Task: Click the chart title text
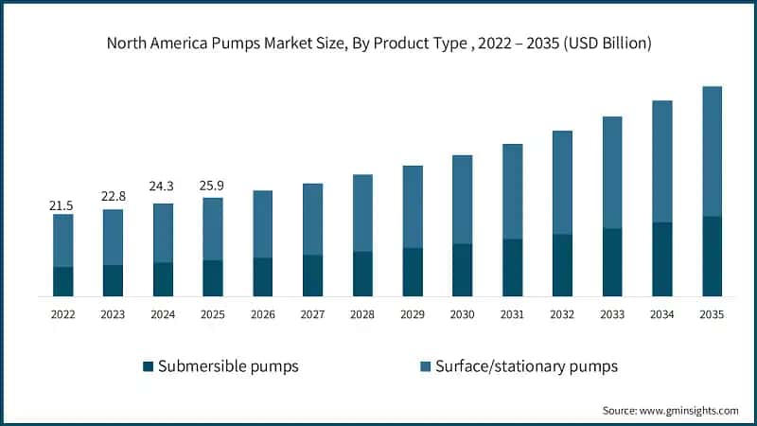pyautogui.click(x=378, y=44)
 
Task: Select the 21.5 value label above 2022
pyautogui.click(x=62, y=204)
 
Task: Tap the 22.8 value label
pyautogui.click(x=113, y=196)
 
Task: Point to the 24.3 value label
pyautogui.click(x=163, y=186)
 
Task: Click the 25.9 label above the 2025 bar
pyautogui.click(x=213, y=181)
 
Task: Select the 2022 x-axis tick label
pyautogui.click(x=62, y=314)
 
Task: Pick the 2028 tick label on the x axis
pyautogui.click(x=362, y=314)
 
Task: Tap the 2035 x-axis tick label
pyautogui.click(x=712, y=314)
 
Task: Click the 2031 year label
pyautogui.click(x=512, y=314)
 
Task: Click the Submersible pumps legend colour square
pyautogui.click(x=147, y=365)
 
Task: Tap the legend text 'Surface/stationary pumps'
pyautogui.click(x=526, y=365)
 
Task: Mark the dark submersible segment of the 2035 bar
pyautogui.click(x=712, y=257)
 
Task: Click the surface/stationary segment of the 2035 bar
pyautogui.click(x=712, y=151)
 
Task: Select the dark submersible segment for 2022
pyautogui.click(x=62, y=281)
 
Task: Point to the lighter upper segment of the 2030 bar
pyautogui.click(x=462, y=200)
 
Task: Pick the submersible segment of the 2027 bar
pyautogui.click(x=313, y=275)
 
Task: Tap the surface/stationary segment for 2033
pyautogui.click(x=612, y=172)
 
